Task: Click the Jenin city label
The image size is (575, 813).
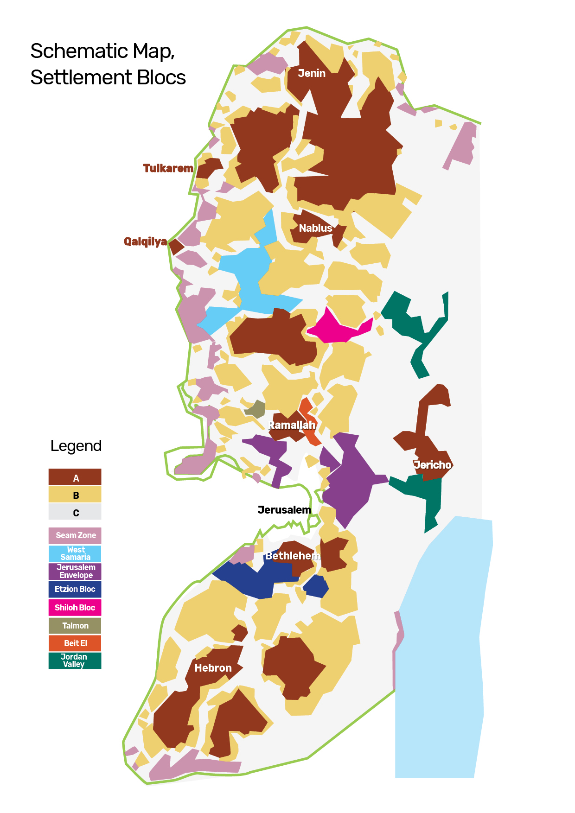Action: coord(312,73)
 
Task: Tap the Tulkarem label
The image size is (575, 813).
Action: coord(168,168)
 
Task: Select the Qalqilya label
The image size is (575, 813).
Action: coord(145,241)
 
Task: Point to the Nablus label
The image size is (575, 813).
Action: coord(315,228)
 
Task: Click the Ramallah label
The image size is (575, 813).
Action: coord(292,425)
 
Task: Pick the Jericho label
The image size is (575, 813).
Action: coord(432,465)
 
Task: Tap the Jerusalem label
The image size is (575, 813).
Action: coord(284,510)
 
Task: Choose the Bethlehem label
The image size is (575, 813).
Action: coord(293,556)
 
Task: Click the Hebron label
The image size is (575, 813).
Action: coord(213,668)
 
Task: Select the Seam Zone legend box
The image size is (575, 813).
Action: coord(75,535)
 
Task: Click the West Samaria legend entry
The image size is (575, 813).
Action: coord(75,553)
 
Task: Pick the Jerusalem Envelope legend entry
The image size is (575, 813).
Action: coord(75,571)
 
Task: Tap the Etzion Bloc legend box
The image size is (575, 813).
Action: coord(75,589)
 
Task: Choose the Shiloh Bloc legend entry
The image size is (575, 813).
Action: coord(75,608)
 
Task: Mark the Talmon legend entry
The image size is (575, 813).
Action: coord(75,626)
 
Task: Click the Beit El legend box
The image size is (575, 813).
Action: coord(75,643)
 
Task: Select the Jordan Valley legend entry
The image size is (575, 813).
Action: coord(75,661)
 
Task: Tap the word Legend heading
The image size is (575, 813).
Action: coord(76,446)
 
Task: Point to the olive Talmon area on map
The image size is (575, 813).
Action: coord(256,409)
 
